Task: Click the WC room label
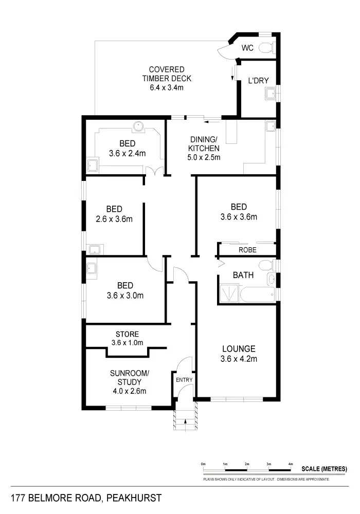247,48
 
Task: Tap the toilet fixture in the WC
265,48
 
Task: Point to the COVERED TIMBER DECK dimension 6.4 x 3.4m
167,87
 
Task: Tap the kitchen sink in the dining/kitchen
270,126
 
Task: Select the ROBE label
247,250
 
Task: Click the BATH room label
243,275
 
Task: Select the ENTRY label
184,380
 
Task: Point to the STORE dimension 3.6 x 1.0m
127,343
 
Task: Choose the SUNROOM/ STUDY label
130,378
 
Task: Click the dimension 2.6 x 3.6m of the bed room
114,218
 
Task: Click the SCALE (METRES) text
325,469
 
